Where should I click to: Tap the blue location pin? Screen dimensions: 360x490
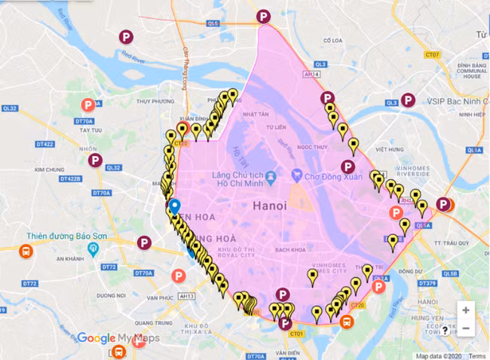click(x=175, y=206)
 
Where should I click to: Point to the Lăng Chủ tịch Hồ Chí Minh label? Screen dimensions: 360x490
click(x=241, y=179)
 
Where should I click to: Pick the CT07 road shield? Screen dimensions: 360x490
click(x=432, y=55)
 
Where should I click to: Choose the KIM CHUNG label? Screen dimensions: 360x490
click(x=51, y=169)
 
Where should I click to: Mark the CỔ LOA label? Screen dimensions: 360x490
click(x=332, y=41)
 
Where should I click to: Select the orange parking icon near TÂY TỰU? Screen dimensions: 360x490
click(x=88, y=105)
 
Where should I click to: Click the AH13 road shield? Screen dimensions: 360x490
click(x=184, y=276)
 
